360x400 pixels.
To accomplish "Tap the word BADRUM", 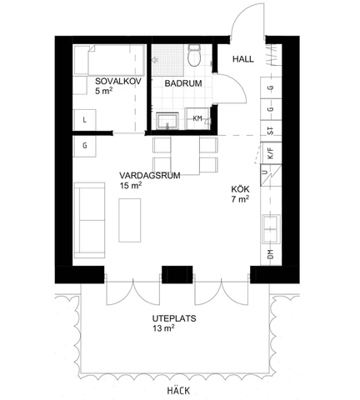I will click(x=182, y=83).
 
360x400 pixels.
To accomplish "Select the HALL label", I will click(x=242, y=59).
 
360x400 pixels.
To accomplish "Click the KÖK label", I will click(x=240, y=189).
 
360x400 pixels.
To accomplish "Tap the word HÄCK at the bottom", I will click(x=177, y=390).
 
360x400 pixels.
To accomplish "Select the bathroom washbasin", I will click(x=167, y=119).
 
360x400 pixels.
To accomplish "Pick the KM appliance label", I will click(x=197, y=118).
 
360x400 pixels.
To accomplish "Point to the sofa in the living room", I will click(x=84, y=221).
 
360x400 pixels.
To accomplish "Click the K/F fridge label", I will click(x=270, y=153).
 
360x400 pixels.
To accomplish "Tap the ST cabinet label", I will click(x=270, y=130).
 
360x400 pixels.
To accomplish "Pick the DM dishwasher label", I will click(x=270, y=253).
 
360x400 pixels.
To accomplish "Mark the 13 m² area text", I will click(x=163, y=330).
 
